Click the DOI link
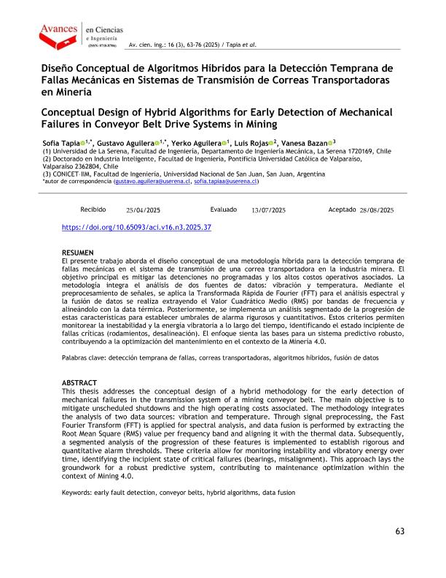coord(136,228)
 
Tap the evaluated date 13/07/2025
coord(268,210)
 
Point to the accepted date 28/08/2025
coord(377,210)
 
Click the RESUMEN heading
coord(78,252)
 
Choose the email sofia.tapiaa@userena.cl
coord(226,182)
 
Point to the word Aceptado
coord(342,209)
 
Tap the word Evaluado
coord(223,209)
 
